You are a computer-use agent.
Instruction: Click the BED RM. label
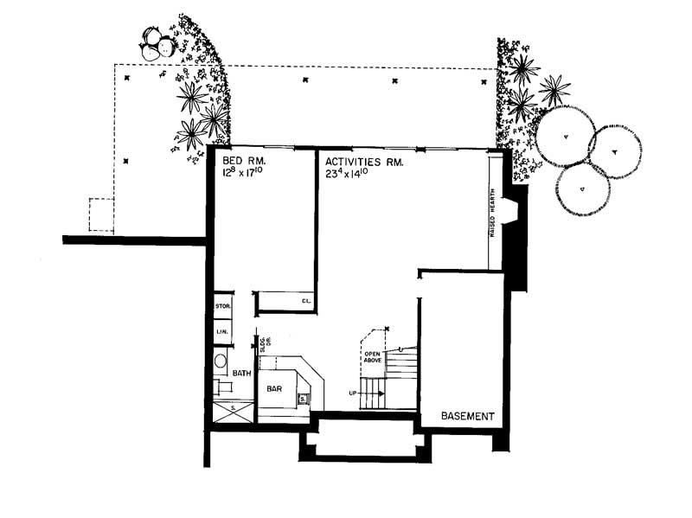pyautogui.click(x=243, y=162)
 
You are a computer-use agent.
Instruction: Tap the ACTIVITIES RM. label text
pyautogui.click(x=364, y=162)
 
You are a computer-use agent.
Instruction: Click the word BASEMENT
pyautogui.click(x=467, y=416)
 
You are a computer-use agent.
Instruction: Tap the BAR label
pyautogui.click(x=274, y=390)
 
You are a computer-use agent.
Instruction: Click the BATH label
pyautogui.click(x=242, y=374)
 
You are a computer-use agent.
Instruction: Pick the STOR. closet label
pyautogui.click(x=221, y=306)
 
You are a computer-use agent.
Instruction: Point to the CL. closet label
pyautogui.click(x=306, y=301)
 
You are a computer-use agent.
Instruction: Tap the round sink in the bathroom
pyautogui.click(x=221, y=361)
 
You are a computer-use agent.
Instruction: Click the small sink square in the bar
pyautogui.click(x=303, y=399)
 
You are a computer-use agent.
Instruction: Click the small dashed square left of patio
pyautogui.click(x=100, y=214)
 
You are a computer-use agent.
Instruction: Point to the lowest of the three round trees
pyautogui.click(x=582, y=189)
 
